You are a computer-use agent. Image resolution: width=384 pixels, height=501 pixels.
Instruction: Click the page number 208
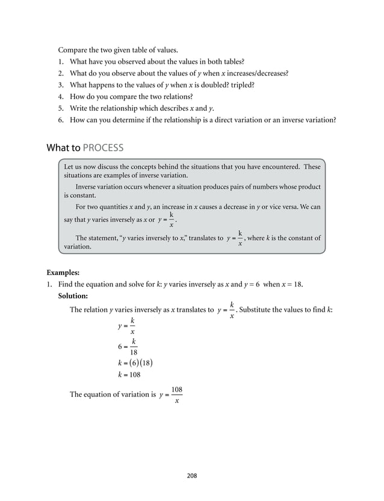192,475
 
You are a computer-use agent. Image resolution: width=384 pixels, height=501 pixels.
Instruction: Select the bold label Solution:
73,297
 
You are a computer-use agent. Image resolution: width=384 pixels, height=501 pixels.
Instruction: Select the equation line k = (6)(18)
135,362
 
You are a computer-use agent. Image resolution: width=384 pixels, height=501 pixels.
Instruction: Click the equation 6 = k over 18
128,347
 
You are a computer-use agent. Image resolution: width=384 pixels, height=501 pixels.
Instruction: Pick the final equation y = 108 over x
171,395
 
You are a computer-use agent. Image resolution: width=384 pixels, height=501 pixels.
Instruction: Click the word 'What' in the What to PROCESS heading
58,148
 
